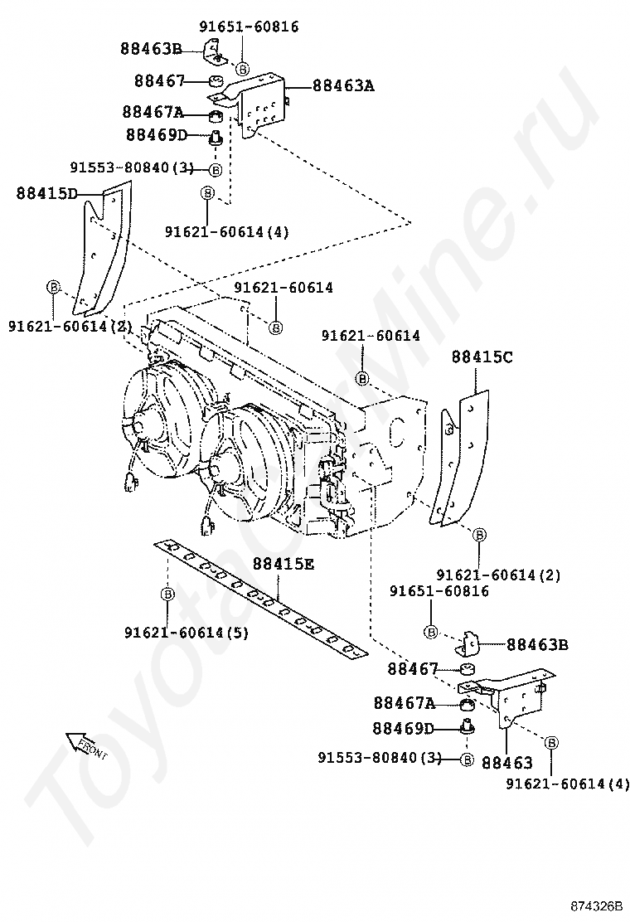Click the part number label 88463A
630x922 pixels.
tap(343, 85)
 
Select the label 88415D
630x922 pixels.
tap(46, 194)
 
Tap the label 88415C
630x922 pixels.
tap(482, 357)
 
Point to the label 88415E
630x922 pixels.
tap(283, 565)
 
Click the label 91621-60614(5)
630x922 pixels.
tap(187, 633)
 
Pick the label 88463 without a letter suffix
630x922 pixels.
tap(506, 763)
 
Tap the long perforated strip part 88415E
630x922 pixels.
tap(261, 597)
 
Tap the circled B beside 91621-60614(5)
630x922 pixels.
tap(167, 594)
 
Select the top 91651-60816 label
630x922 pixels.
tap(249, 27)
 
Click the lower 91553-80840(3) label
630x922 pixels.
tap(380, 758)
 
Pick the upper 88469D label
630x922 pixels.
tap(157, 134)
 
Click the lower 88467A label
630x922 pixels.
tap(404, 703)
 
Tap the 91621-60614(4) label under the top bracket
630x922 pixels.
tap(226, 231)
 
